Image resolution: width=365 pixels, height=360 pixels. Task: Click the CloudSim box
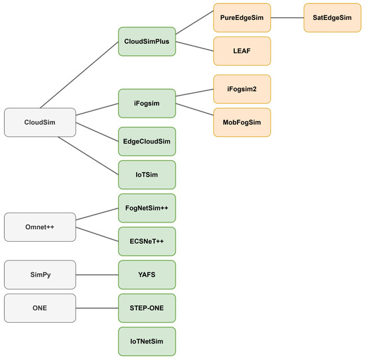tap(40, 122)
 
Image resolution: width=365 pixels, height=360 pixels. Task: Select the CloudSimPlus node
tap(147, 41)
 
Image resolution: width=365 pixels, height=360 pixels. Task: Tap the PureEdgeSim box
tap(242, 18)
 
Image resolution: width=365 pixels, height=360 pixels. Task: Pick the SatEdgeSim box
tap(332, 18)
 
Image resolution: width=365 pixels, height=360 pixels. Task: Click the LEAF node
tap(242, 51)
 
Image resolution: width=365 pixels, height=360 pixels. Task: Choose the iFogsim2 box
tap(242, 89)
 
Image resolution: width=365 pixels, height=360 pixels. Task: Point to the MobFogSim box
tap(242, 122)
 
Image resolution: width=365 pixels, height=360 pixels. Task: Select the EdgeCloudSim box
tap(147, 141)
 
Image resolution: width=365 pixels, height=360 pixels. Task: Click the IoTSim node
tap(147, 175)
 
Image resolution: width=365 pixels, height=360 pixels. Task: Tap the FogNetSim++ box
tap(147, 208)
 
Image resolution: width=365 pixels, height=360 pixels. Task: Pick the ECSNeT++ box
tap(147, 241)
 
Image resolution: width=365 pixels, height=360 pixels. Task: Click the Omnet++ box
tap(40, 227)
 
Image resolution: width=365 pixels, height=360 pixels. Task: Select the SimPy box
tap(40, 275)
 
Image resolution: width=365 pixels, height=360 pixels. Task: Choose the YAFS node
tap(147, 275)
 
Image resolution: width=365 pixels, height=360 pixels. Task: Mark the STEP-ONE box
tap(147, 308)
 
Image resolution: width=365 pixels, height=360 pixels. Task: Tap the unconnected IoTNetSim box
tap(147, 341)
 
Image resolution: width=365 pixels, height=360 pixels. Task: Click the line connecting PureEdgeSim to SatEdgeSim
tap(287, 18)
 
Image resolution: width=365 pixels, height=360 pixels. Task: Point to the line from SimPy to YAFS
tap(97, 275)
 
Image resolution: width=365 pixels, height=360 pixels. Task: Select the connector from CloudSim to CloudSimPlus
tap(80, 75)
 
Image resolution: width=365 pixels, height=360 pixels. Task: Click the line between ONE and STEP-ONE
tap(97, 308)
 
